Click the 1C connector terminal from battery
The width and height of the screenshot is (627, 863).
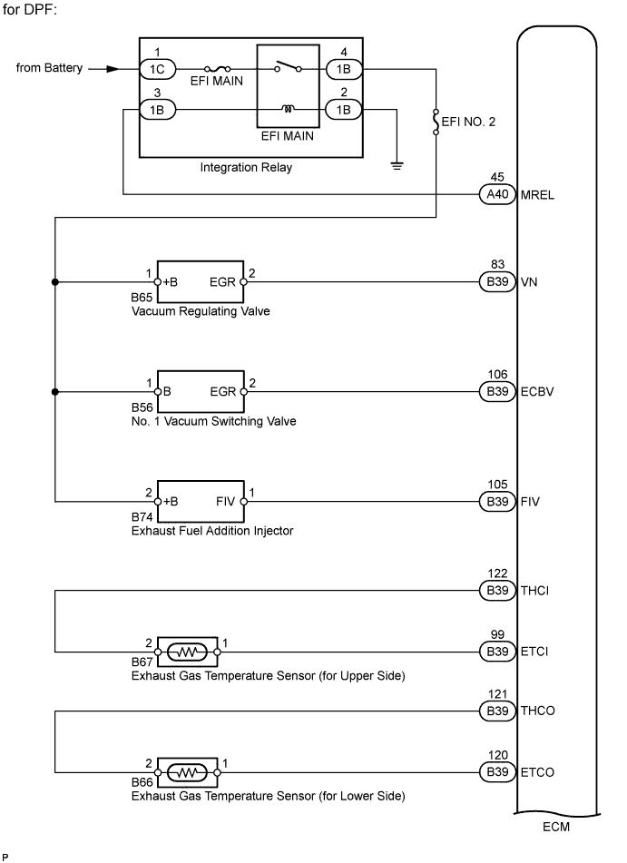[157, 68]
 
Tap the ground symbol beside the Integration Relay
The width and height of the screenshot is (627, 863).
[397, 165]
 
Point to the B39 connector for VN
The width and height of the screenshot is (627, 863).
[496, 282]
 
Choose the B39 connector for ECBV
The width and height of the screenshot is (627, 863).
[496, 392]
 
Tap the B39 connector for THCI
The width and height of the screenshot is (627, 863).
[496, 591]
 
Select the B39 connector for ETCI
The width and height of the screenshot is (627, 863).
[496, 651]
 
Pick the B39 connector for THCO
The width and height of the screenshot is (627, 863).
[496, 711]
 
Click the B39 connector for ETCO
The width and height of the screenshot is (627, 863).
[496, 772]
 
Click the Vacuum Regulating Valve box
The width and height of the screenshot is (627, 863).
[201, 282]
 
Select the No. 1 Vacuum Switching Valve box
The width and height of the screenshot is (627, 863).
[201, 392]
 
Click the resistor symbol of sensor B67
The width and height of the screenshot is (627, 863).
[186, 651]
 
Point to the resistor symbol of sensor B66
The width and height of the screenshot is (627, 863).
[186, 772]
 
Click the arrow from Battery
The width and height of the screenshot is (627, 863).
[104, 68]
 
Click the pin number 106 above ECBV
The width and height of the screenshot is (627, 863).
[496, 375]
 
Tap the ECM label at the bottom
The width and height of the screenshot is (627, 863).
[557, 827]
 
